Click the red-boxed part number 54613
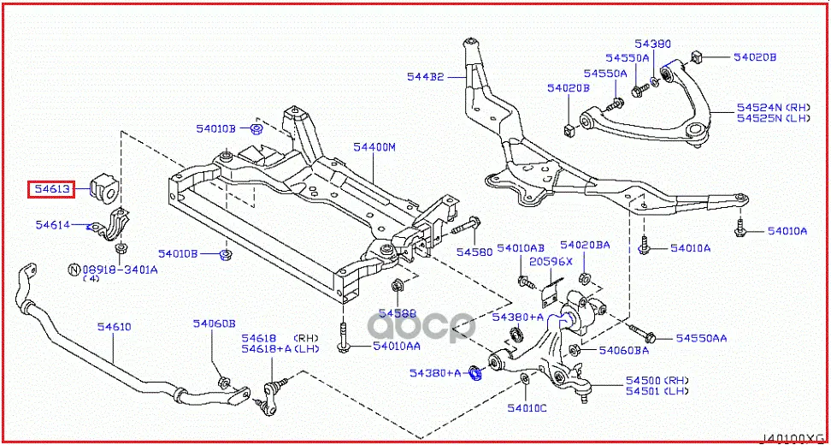(x=50, y=188)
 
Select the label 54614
(x=52, y=225)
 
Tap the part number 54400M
(x=375, y=148)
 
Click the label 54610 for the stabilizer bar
(x=114, y=327)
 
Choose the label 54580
(x=474, y=252)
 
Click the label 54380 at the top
(x=652, y=43)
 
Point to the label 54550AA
(x=701, y=339)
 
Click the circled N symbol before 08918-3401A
(x=74, y=270)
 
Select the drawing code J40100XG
(x=793, y=437)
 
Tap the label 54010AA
(x=396, y=347)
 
